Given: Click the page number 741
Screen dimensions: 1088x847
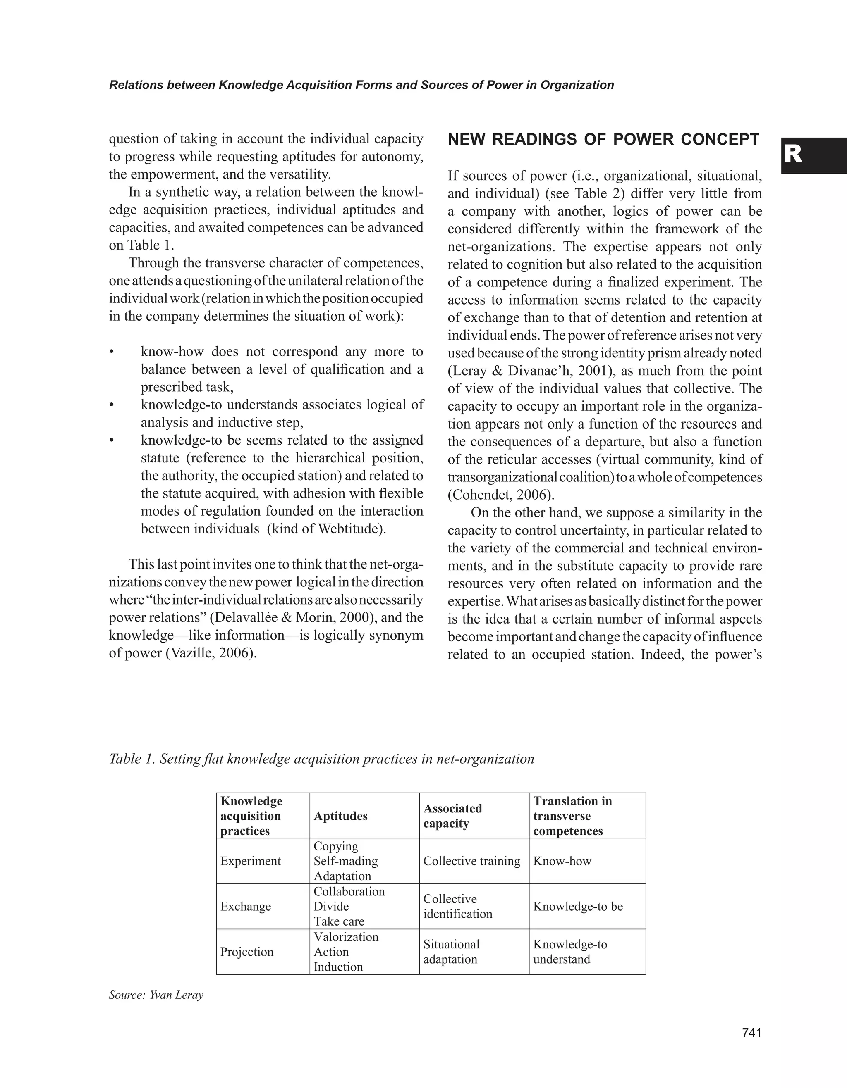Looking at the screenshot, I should coord(751,1033).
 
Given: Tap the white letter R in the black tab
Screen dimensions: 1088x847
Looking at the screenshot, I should coord(793,155).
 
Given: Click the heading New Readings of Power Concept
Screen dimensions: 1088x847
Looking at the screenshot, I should coord(603,140).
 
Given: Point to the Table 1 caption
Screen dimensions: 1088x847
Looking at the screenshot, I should coord(321,759).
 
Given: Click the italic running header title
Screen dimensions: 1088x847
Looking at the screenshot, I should coord(361,85).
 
